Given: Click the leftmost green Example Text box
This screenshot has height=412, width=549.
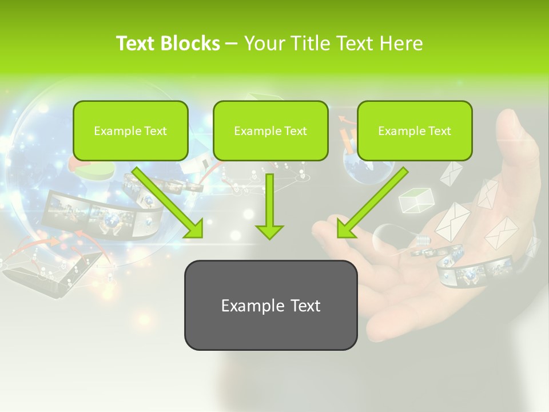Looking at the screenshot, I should click(x=130, y=130).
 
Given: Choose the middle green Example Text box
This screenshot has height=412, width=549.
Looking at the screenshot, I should click(x=270, y=130).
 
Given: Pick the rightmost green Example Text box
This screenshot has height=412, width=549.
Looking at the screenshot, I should click(x=415, y=130).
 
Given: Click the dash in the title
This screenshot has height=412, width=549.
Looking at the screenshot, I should click(x=232, y=44).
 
